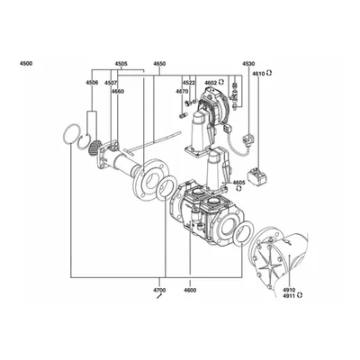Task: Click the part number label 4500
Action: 26,64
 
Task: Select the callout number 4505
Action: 121,64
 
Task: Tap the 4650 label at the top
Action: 159,64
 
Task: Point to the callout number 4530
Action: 248,64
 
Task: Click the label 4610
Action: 258,74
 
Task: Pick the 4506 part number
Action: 92,83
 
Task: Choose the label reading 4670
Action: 182,92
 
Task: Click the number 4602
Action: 211,83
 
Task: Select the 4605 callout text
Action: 238,183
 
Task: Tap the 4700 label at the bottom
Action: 159,290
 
